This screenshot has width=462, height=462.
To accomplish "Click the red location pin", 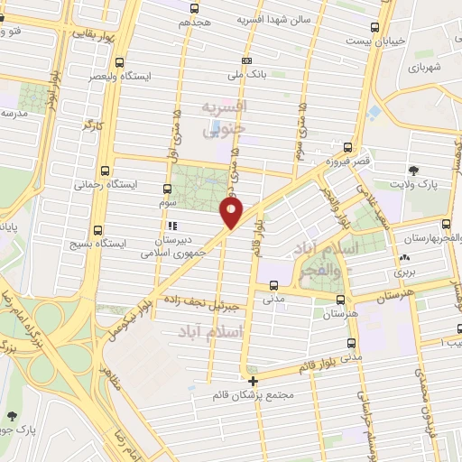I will (x=232, y=213).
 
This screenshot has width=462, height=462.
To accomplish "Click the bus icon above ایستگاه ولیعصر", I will (x=120, y=62).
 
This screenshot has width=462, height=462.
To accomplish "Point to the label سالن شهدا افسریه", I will (x=274, y=19).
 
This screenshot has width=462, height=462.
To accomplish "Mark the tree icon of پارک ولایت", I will (x=414, y=171).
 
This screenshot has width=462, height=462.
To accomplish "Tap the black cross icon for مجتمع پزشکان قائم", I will (x=254, y=382).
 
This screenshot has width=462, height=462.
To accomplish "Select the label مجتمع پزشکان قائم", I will (x=253, y=396).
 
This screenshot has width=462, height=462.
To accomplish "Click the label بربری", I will (x=402, y=272).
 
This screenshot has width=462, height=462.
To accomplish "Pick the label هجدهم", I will (x=194, y=20).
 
